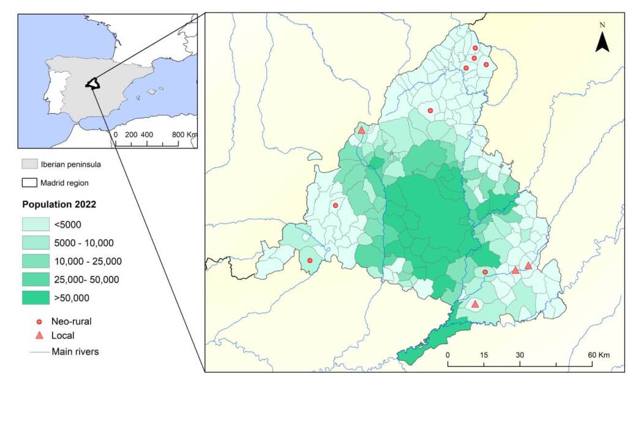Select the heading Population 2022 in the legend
click(59, 204)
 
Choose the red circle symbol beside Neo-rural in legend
click(39, 321)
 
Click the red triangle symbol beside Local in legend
click(39, 335)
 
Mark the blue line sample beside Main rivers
click(37, 352)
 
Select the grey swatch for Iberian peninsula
click(29, 164)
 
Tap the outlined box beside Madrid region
click(29, 182)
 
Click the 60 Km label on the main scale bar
click(599, 355)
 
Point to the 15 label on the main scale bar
click(484, 355)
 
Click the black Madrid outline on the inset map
click(92, 84)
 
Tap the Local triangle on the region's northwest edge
click(361, 130)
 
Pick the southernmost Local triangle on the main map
click(475, 304)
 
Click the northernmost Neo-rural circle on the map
click(475, 48)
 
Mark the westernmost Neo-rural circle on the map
click(310, 260)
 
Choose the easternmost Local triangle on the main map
click(528, 265)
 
